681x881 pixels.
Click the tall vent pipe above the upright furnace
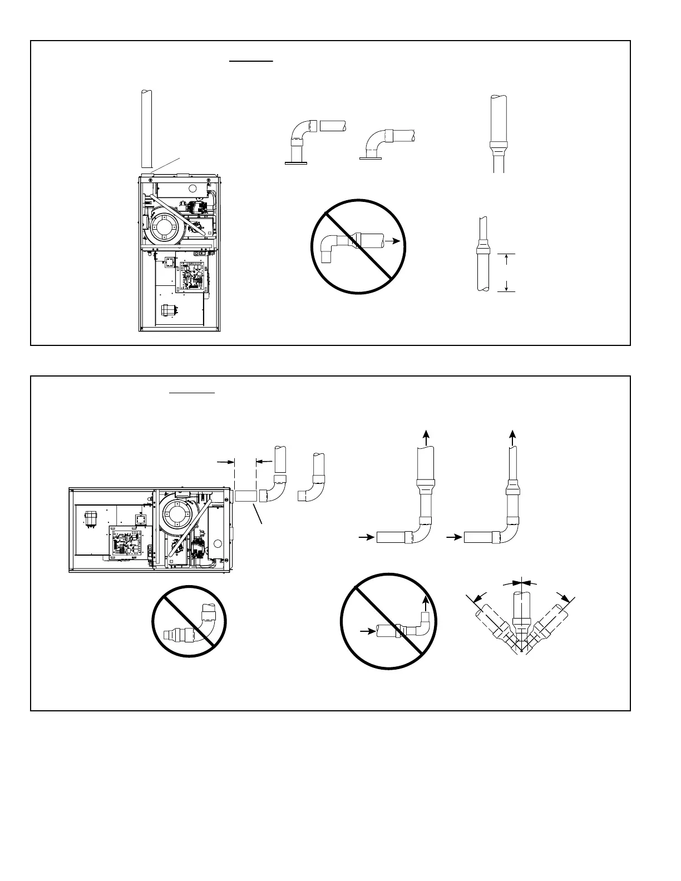(146, 128)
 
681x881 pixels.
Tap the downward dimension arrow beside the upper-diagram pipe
(506, 286)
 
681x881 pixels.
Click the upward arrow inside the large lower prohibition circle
(426, 601)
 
